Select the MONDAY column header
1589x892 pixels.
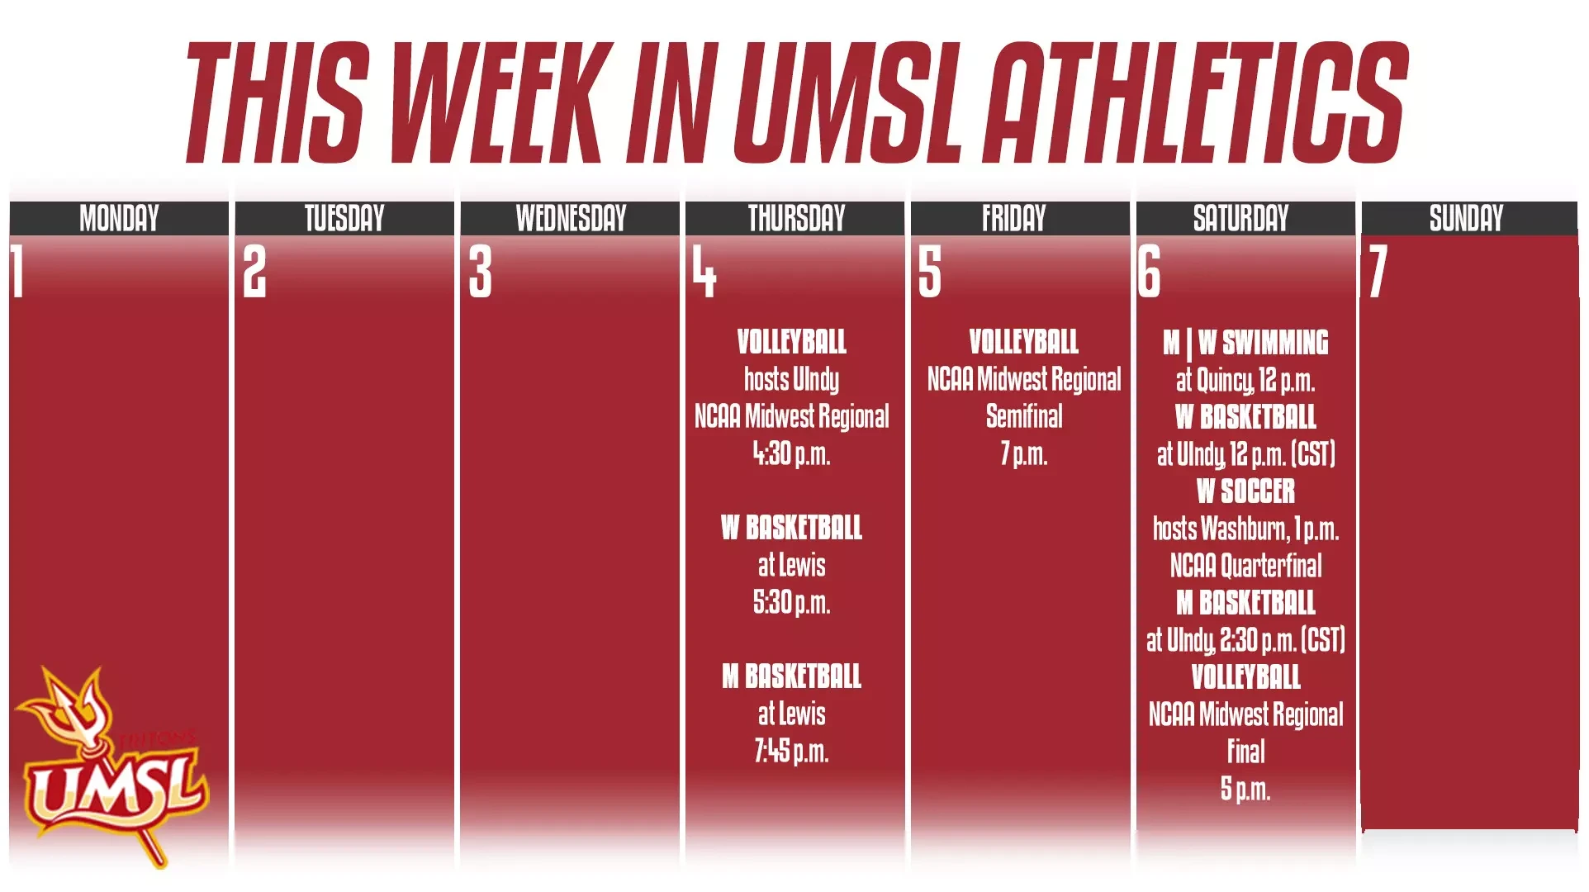[x=119, y=219]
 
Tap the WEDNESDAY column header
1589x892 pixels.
[x=571, y=219]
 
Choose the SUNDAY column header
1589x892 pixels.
[x=1466, y=219]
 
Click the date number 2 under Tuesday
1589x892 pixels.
[x=254, y=272]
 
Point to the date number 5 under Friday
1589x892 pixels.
[x=930, y=272]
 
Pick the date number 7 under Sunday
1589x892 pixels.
[x=1378, y=272]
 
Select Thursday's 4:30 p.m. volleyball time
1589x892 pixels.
[x=791, y=453]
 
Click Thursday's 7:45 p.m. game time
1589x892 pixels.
[x=791, y=751]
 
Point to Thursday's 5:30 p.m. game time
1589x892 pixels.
[x=791, y=602]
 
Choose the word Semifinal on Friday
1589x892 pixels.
[x=1024, y=416]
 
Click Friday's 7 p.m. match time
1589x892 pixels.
[x=1024, y=453]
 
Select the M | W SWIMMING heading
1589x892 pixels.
[x=1245, y=343]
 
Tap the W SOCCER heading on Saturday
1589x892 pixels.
[x=1245, y=491]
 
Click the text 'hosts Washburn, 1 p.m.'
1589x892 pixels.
[x=1245, y=529]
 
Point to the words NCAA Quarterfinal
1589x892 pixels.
[x=1245, y=566]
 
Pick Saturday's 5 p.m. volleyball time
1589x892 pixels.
[x=1245, y=789]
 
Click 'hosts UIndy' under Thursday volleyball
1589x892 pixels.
[x=791, y=379]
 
